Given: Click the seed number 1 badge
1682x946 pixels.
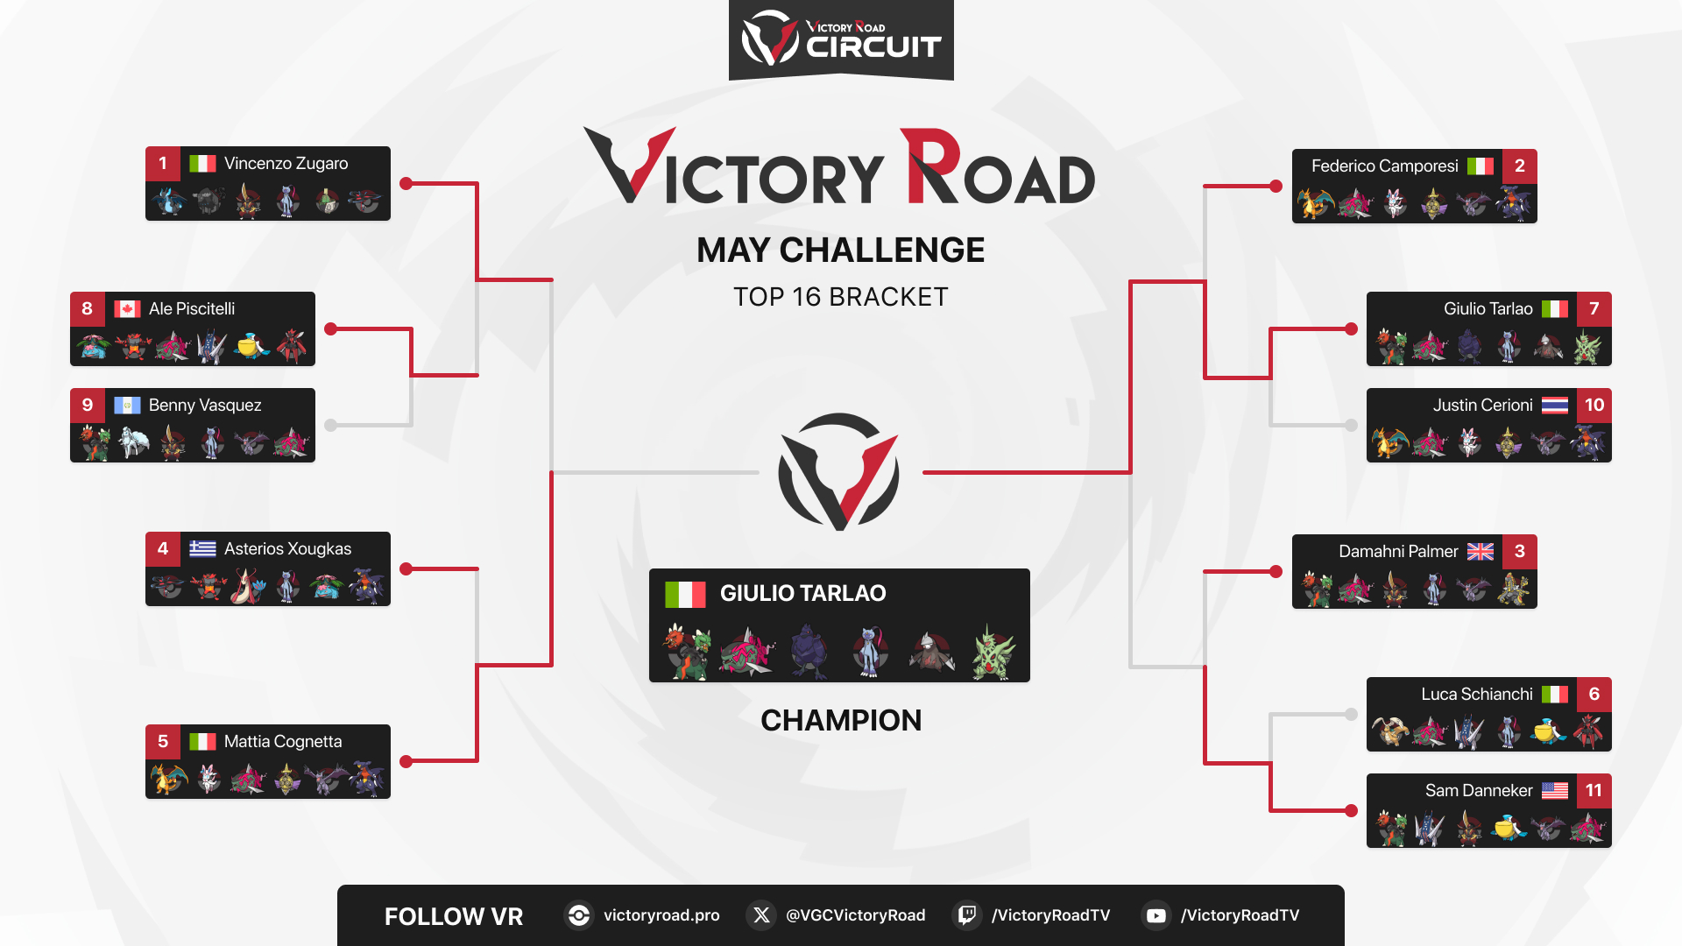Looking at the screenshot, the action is [163, 163].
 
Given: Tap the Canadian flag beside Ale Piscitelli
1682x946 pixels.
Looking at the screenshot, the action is [127, 308].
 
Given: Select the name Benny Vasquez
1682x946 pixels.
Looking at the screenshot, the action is [205, 405].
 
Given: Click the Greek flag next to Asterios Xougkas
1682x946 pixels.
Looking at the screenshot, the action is [202, 548].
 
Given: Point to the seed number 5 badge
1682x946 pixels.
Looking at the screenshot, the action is [163, 741].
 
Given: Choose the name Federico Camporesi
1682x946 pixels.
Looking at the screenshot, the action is [1384, 166].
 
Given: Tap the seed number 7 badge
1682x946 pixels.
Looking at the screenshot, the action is [1594, 308].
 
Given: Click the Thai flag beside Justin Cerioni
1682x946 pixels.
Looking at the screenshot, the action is [1555, 405].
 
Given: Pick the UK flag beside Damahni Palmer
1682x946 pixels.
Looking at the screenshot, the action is [1481, 551].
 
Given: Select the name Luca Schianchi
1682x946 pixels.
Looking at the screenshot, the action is [1477, 694].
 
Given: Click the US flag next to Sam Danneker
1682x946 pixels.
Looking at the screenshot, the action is [1555, 790].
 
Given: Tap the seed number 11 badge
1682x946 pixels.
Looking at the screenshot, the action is [1594, 790].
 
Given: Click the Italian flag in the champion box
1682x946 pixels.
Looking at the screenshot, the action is [685, 594].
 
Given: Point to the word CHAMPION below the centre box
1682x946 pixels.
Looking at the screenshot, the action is [841, 720].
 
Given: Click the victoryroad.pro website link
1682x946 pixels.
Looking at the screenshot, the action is [661, 915].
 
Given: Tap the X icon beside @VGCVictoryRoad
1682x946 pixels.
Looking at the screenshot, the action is [761, 915].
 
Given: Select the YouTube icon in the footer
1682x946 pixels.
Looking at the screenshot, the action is [1156, 915].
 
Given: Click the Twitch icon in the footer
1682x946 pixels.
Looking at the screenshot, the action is [966, 915].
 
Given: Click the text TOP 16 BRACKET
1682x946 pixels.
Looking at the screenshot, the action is [841, 297].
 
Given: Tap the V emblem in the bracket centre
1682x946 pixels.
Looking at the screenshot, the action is [839, 471].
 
